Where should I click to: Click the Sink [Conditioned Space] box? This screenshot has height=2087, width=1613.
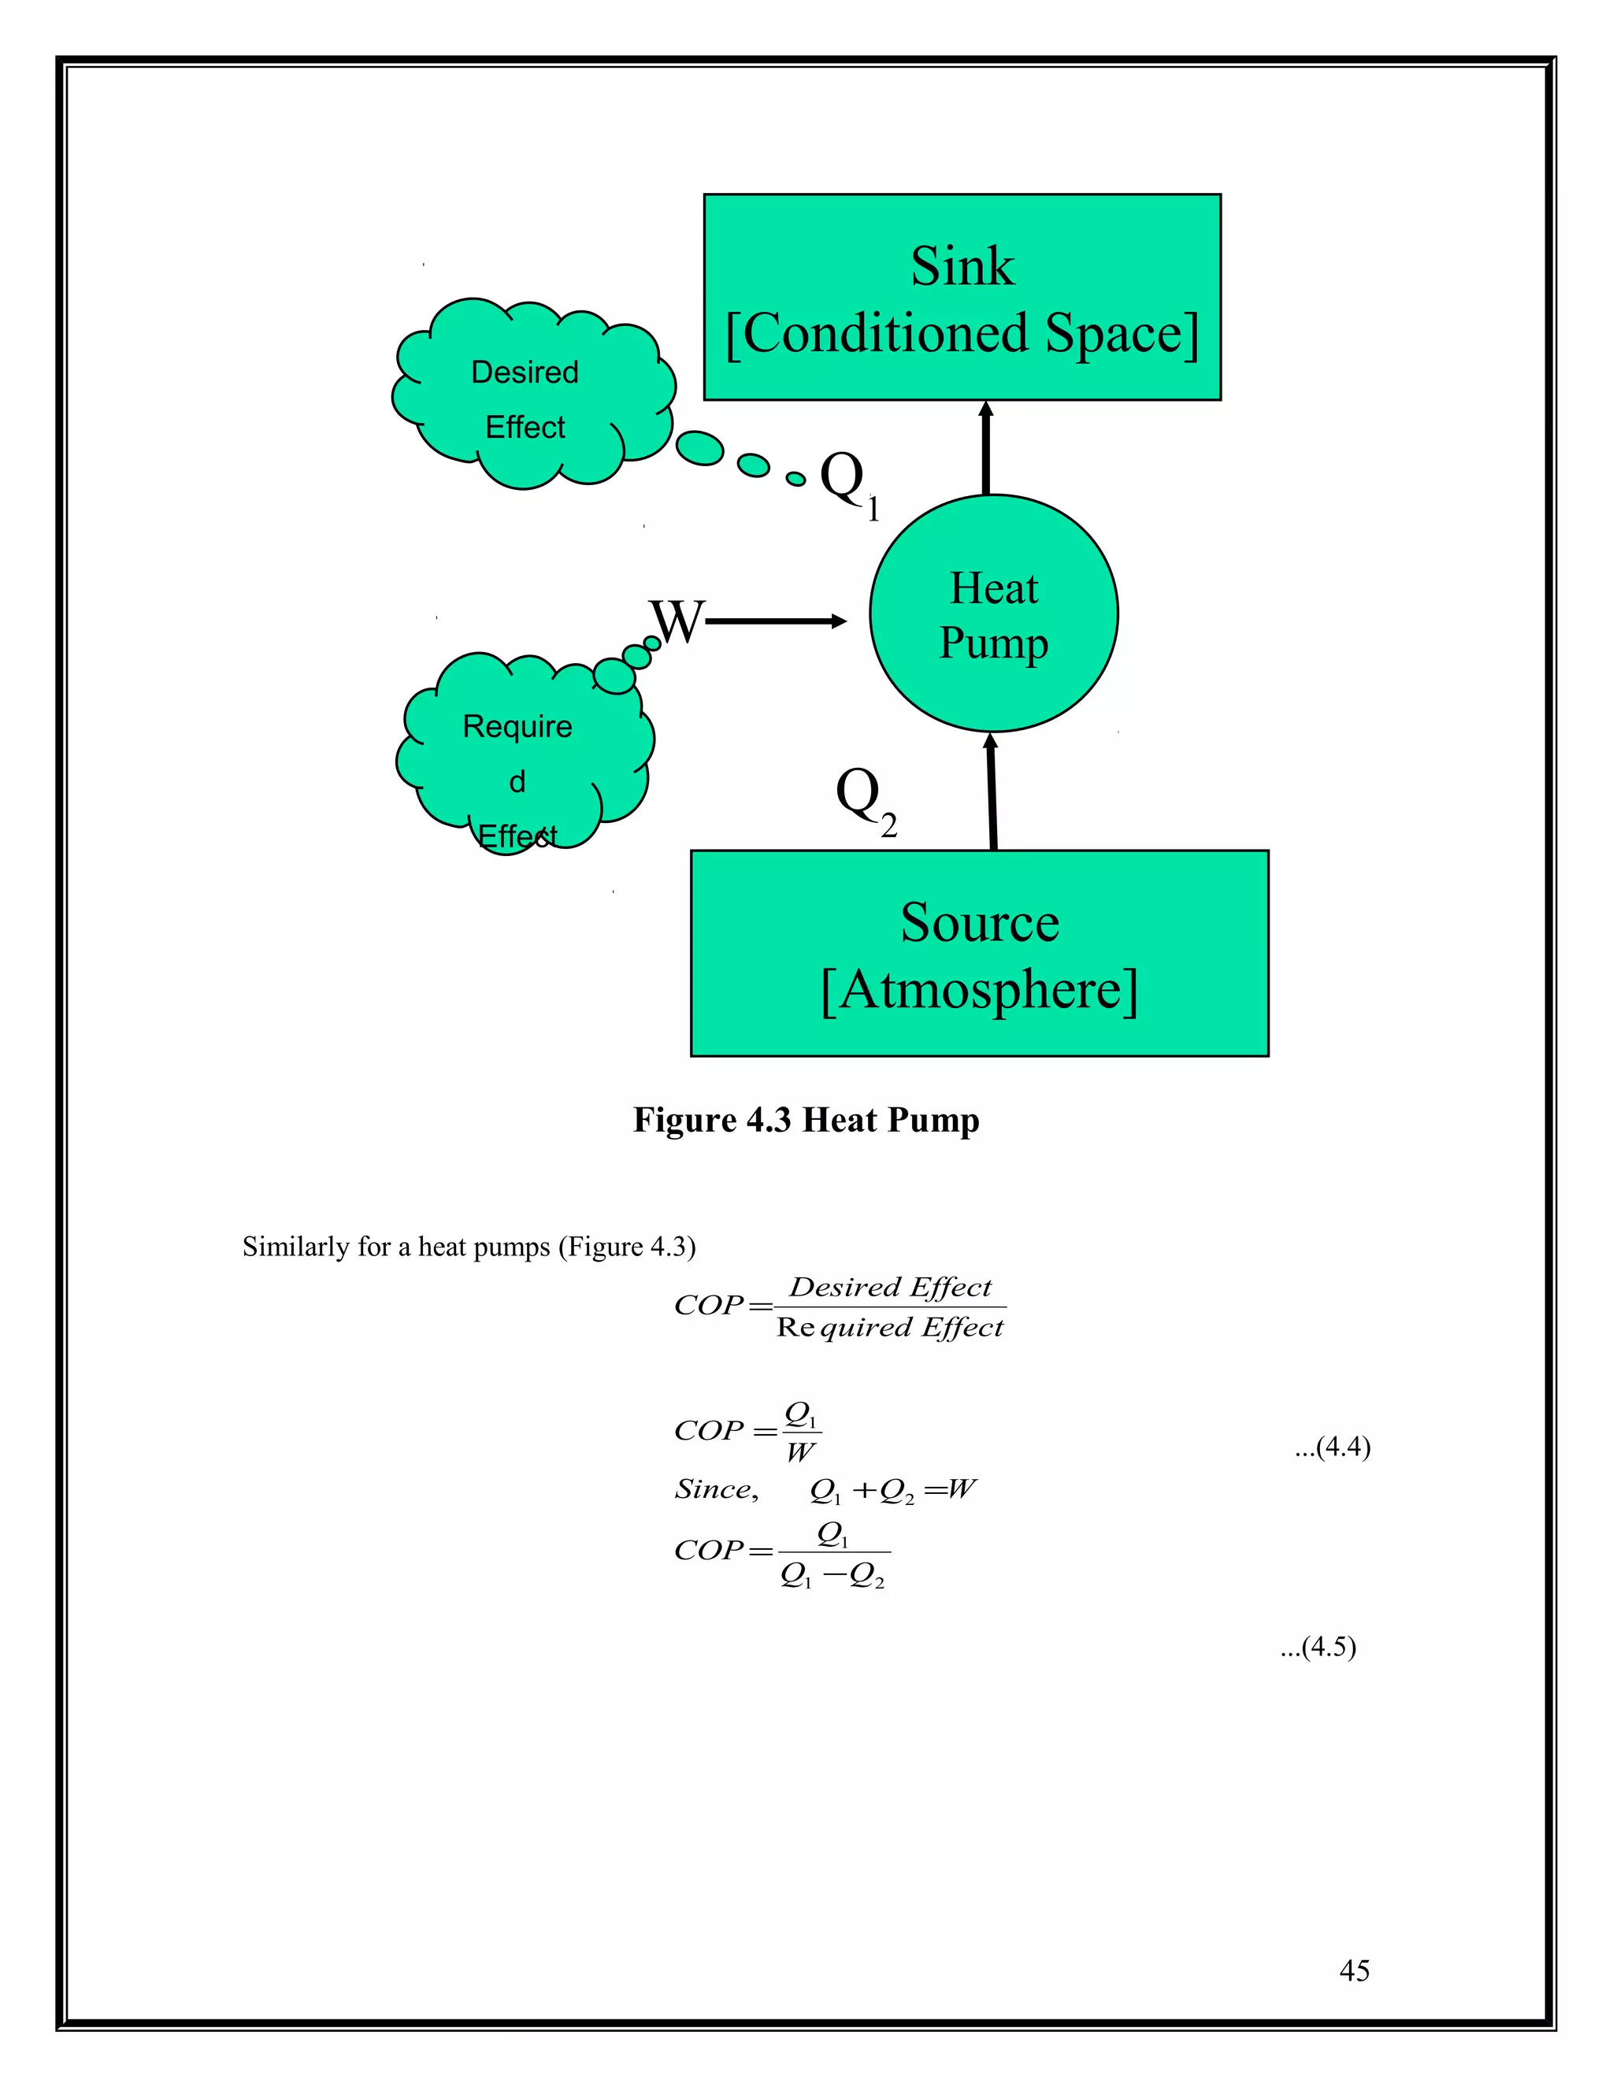(962, 297)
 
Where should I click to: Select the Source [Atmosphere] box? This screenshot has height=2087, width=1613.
(980, 954)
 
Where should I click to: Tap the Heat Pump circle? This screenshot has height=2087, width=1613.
(994, 614)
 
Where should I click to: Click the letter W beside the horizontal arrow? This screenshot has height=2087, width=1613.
(677, 622)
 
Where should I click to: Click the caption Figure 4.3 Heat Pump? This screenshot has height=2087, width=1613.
(806, 1120)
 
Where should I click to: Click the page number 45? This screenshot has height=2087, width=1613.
(1354, 1970)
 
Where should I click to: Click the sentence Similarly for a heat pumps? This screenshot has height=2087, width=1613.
(469, 1247)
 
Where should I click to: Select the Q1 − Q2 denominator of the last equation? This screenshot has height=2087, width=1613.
(832, 1576)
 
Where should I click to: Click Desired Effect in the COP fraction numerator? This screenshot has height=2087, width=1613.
(891, 1287)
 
